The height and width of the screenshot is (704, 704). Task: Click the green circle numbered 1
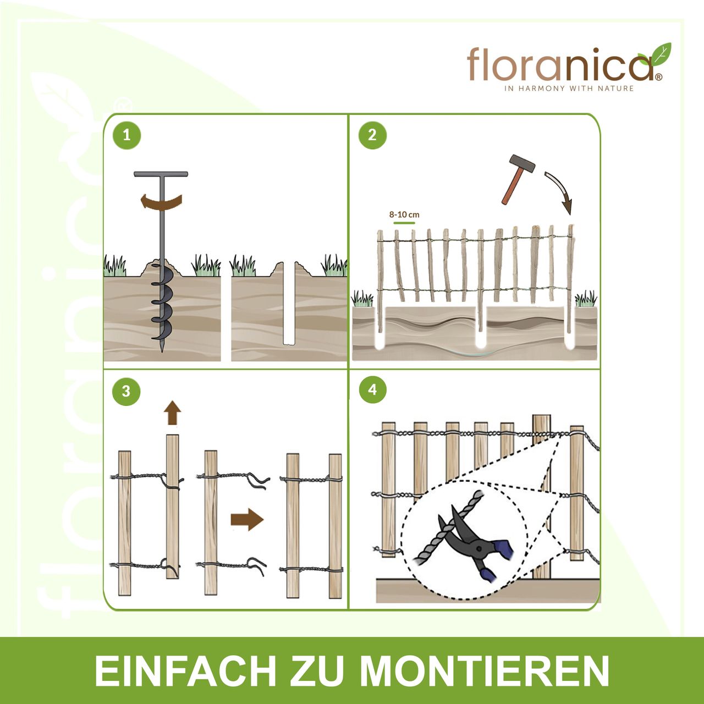(x=127, y=135)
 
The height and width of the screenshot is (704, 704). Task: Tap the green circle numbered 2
(x=372, y=135)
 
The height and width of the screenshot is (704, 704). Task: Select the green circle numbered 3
(x=126, y=391)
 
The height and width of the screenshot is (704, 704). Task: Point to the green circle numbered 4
(x=372, y=390)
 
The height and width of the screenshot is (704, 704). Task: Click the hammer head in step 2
(x=522, y=163)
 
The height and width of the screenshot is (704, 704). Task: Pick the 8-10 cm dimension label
(x=404, y=215)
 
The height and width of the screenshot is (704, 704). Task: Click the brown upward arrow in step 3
(x=172, y=412)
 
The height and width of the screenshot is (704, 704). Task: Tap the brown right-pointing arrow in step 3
(x=247, y=519)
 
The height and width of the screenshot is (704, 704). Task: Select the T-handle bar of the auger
(x=161, y=174)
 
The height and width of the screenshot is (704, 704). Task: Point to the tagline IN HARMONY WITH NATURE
(x=569, y=89)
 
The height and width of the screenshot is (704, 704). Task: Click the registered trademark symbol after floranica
(x=658, y=78)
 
